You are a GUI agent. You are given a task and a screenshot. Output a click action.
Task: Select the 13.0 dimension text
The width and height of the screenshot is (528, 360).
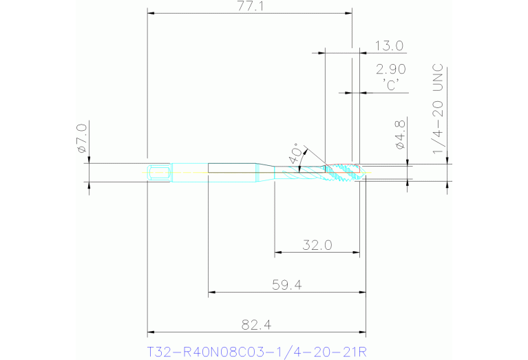pyautogui.click(x=389, y=46)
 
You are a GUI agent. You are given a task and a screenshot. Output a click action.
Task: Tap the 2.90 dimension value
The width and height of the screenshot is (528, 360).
pyautogui.click(x=390, y=69)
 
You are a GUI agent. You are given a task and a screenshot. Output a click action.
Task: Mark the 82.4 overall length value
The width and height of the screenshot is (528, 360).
pyautogui.click(x=256, y=324)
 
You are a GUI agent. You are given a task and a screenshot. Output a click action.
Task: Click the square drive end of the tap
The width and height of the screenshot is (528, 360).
pyautogui.click(x=159, y=172)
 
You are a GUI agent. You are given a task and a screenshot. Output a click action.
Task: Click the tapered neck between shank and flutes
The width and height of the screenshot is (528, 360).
pyautogui.click(x=264, y=172)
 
